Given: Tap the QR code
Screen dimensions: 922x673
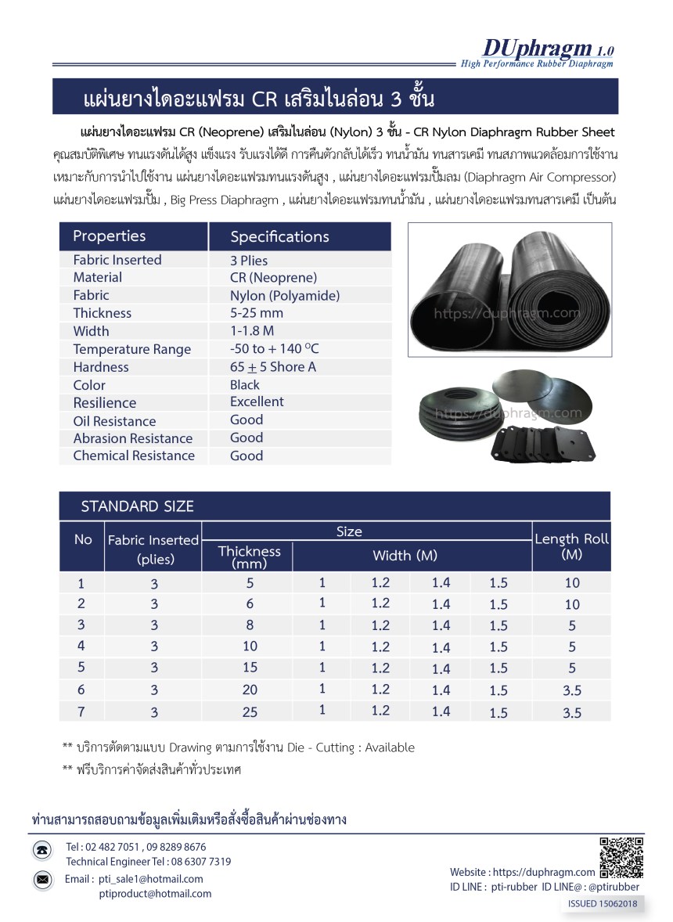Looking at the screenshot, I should click(621, 858).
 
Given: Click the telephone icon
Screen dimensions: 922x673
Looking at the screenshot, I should click(43, 851).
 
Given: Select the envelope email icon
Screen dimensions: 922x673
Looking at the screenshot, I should click(43, 880).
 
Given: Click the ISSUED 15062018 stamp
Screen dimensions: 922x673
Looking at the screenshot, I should click(602, 903).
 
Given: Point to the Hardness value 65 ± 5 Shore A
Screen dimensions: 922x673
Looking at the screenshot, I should click(273, 367).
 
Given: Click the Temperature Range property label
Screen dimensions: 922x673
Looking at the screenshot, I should click(131, 349).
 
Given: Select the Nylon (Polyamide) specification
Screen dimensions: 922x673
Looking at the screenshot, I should click(285, 296).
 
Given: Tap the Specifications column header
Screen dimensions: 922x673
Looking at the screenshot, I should click(279, 236).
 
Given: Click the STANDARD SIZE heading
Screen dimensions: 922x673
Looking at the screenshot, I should click(137, 506).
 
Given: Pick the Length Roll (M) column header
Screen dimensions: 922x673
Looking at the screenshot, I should click(571, 546).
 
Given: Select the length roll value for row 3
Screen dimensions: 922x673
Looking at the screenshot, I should click(572, 625).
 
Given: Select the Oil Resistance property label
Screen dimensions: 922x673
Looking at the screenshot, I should click(114, 421).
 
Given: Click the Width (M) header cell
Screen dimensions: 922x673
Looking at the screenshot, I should click(405, 556).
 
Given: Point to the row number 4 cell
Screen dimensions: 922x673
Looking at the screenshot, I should click(81, 646).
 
